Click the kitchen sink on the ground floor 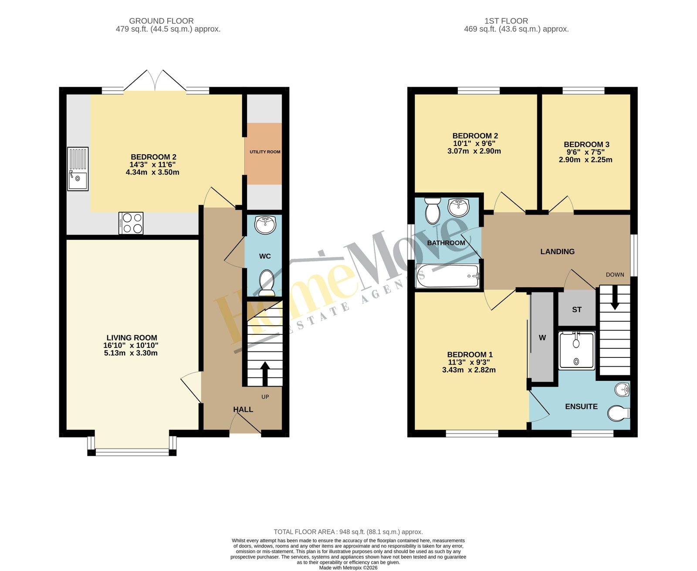[x=78, y=169]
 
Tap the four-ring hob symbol [x=131, y=223]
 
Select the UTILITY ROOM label [x=265, y=152]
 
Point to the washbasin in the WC [x=265, y=224]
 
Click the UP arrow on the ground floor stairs [x=265, y=374]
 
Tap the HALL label [x=243, y=409]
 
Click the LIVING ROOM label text [x=132, y=337]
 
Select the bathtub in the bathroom [x=448, y=276]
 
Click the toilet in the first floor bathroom [x=433, y=211]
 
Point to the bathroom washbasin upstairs [x=458, y=207]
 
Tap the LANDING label [x=557, y=252]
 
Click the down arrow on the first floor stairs [x=615, y=298]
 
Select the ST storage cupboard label [x=577, y=310]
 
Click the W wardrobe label [x=542, y=337]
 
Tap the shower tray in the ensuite [x=576, y=351]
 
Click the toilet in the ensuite [x=619, y=413]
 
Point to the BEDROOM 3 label [x=587, y=144]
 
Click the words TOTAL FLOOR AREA [x=305, y=532]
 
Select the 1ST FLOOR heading [x=506, y=21]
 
